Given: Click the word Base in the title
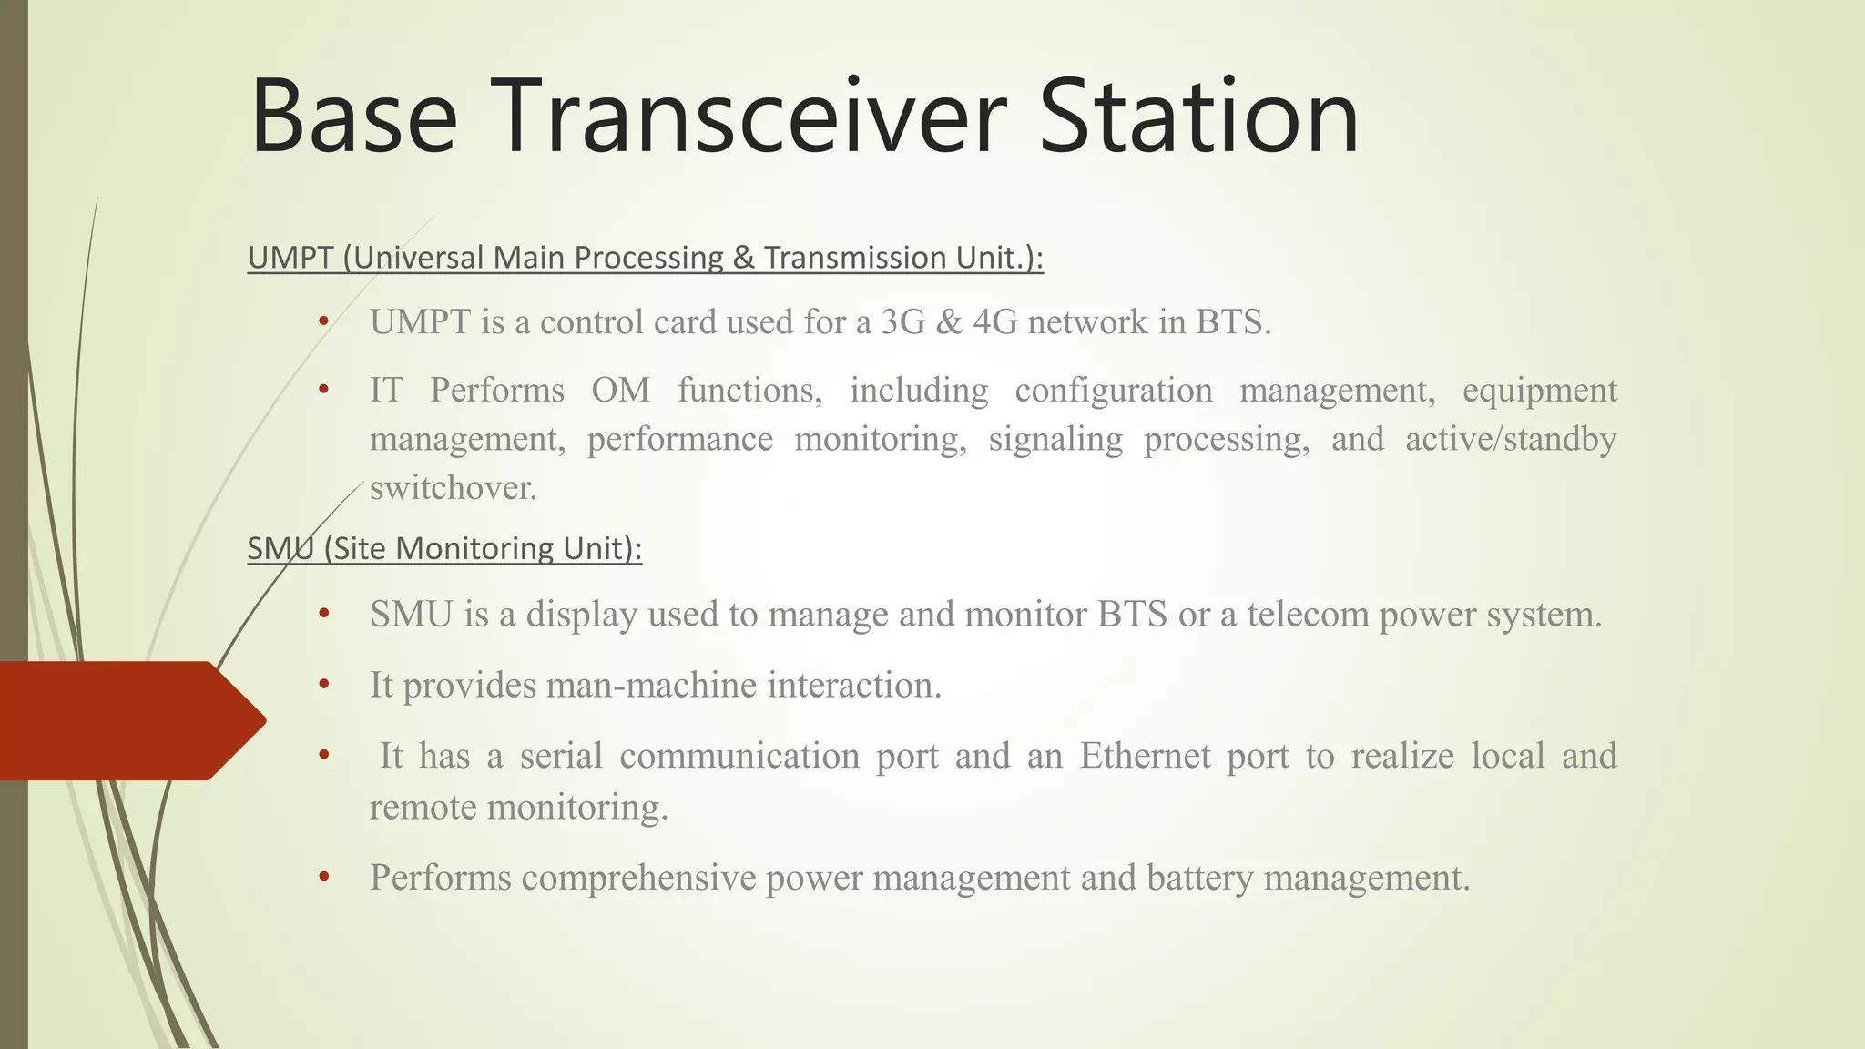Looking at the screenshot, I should click(353, 117).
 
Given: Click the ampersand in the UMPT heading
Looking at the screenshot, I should click(743, 258).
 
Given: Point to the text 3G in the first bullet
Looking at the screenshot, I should click(902, 322).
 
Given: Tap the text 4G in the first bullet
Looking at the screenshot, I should click(994, 322).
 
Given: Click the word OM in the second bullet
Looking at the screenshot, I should click(620, 391).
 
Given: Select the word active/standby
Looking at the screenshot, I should click(1510, 439).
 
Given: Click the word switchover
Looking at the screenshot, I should click(453, 488).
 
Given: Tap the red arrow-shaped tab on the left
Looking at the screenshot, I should click(127, 720).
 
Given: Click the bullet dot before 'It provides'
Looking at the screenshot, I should click(323, 685).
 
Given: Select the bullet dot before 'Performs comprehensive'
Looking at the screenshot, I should click(323, 878).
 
